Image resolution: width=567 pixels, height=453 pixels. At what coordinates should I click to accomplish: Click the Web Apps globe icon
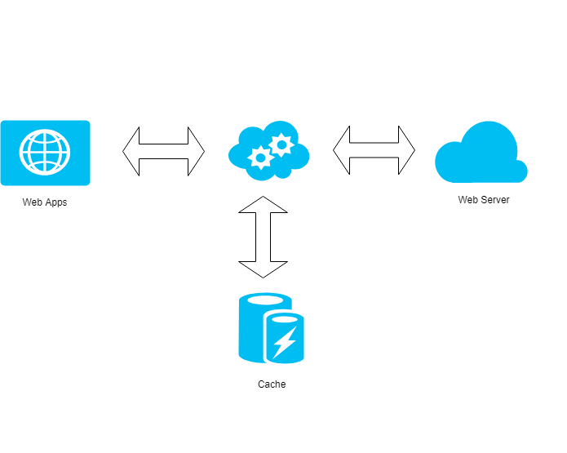[45, 153]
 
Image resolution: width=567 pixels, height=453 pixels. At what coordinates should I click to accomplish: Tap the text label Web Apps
[45, 202]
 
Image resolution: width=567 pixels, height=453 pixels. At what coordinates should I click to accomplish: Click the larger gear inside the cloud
[281, 145]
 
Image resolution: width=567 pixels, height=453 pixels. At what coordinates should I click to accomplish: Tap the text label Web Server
[484, 199]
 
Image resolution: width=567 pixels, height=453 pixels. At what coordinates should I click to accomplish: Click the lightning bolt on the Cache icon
[284, 342]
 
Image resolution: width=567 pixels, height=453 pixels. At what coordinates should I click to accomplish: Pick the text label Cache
[272, 384]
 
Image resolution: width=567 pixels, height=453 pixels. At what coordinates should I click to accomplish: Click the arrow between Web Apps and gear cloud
[164, 151]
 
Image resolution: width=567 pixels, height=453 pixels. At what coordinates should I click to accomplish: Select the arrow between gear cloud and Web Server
[374, 150]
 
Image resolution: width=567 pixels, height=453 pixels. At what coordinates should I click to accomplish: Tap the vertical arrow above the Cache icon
[263, 237]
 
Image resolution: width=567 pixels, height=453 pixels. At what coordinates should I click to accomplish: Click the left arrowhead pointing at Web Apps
[131, 151]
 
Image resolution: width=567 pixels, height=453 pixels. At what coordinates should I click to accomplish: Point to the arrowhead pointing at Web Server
[406, 150]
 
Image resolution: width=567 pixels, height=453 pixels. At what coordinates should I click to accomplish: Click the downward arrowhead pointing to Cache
[263, 269]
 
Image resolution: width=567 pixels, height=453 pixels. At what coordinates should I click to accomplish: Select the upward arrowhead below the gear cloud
[263, 205]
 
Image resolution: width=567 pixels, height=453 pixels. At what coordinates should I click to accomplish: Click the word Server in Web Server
[495, 199]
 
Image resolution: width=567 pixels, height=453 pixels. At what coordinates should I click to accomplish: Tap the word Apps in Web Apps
[56, 202]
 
